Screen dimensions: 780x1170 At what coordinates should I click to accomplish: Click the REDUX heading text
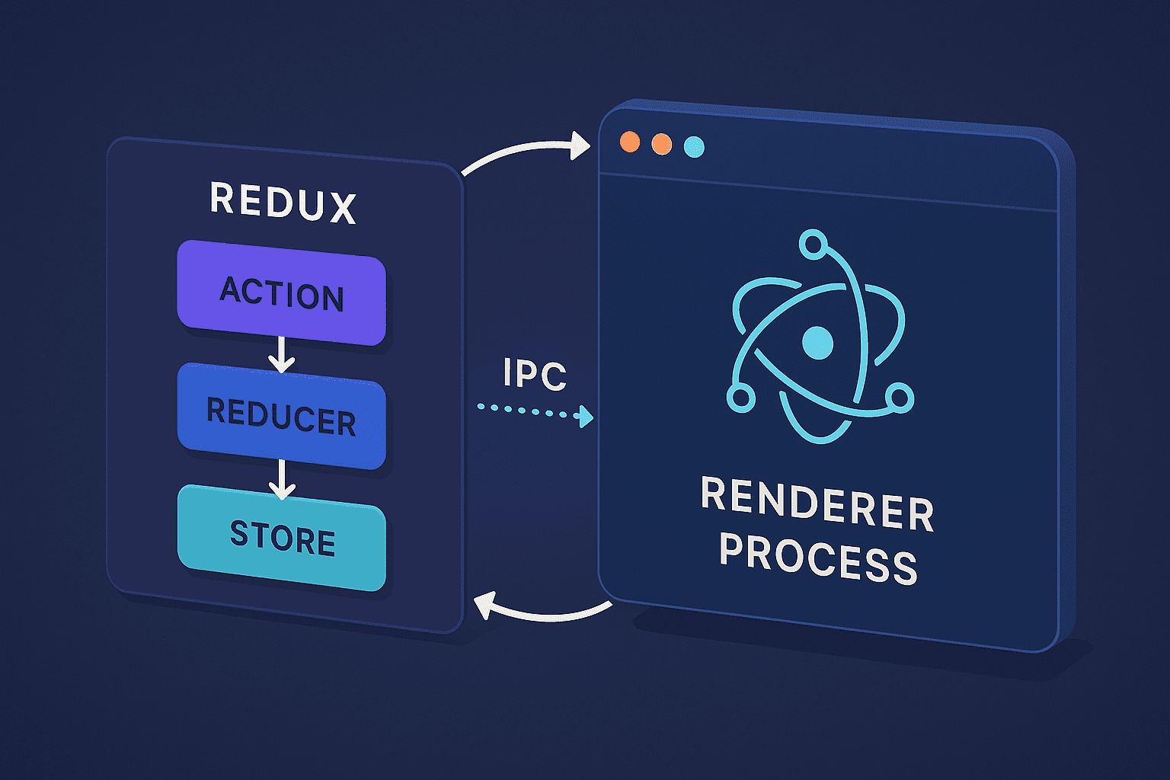[x=283, y=203]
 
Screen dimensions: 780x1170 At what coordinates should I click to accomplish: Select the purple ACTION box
[x=282, y=293]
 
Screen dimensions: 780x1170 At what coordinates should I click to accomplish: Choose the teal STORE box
[x=282, y=538]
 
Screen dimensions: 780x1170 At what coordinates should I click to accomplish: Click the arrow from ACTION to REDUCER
[x=282, y=354]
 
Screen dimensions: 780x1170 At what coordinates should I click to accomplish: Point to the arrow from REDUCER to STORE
[x=282, y=478]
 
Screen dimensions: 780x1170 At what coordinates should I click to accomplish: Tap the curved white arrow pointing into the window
[x=526, y=152]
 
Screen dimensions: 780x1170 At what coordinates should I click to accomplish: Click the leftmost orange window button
[x=630, y=142]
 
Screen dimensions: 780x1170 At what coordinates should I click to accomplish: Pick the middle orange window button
[x=662, y=144]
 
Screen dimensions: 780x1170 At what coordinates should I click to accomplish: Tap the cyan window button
[x=694, y=147]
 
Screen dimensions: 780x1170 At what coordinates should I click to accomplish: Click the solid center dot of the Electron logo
[x=818, y=343]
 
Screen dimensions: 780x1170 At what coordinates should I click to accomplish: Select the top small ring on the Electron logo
[x=813, y=245]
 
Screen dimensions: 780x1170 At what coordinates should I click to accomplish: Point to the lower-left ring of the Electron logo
[x=740, y=397]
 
